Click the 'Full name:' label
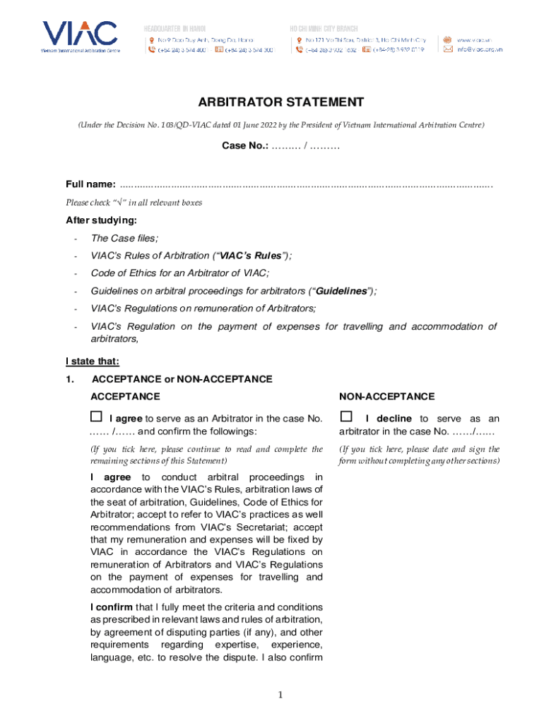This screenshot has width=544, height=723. [90, 184]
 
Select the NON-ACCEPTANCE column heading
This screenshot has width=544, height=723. [386, 397]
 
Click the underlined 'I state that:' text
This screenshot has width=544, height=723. [93, 361]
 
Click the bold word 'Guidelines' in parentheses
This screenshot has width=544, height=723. [341, 291]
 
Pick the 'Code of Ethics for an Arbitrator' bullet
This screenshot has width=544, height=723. [180, 273]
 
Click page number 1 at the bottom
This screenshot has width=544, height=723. [280, 695]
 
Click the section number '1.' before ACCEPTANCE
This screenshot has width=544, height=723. [70, 379]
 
